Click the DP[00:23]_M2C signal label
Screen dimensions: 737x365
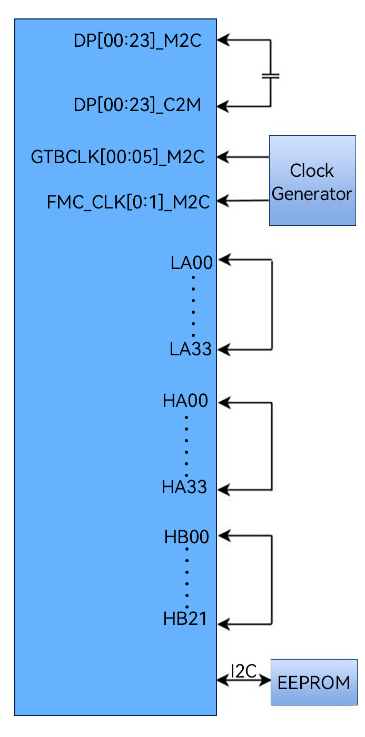point(137,42)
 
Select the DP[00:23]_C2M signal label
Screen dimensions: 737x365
point(137,105)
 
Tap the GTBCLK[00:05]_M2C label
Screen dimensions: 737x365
point(117,157)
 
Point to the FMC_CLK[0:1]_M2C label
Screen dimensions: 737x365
point(129,202)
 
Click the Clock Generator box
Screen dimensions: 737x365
point(312,181)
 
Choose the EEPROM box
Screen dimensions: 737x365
point(313,682)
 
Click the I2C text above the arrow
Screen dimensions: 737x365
point(243,671)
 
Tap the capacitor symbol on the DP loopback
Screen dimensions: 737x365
point(270,76)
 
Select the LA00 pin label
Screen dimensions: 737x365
point(192,263)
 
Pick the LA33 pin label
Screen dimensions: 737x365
point(191,349)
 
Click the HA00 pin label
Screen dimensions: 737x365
point(185,402)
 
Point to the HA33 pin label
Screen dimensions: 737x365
point(184,488)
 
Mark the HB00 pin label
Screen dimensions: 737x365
point(186,537)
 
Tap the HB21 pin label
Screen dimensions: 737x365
point(185,619)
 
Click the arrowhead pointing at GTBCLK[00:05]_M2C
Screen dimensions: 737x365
point(223,156)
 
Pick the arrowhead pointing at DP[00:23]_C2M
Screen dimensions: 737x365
point(223,106)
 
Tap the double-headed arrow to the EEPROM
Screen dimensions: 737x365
point(243,681)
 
